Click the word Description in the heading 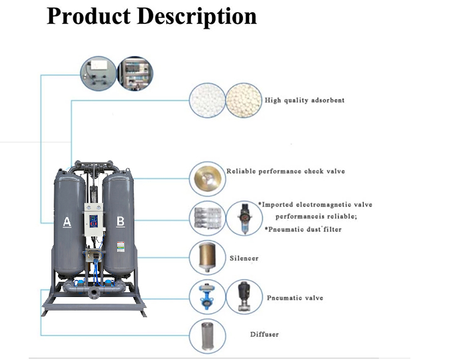(x=197, y=16)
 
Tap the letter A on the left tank (x=67, y=222)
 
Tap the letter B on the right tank (x=120, y=221)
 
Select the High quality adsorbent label (x=304, y=100)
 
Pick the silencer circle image (x=207, y=257)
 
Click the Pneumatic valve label (x=295, y=298)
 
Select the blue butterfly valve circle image (x=207, y=297)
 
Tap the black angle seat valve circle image (x=244, y=297)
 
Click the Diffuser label (x=264, y=334)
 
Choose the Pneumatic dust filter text (x=303, y=229)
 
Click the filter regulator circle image (x=244, y=218)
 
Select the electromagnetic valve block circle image (x=207, y=218)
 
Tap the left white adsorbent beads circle (x=207, y=101)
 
